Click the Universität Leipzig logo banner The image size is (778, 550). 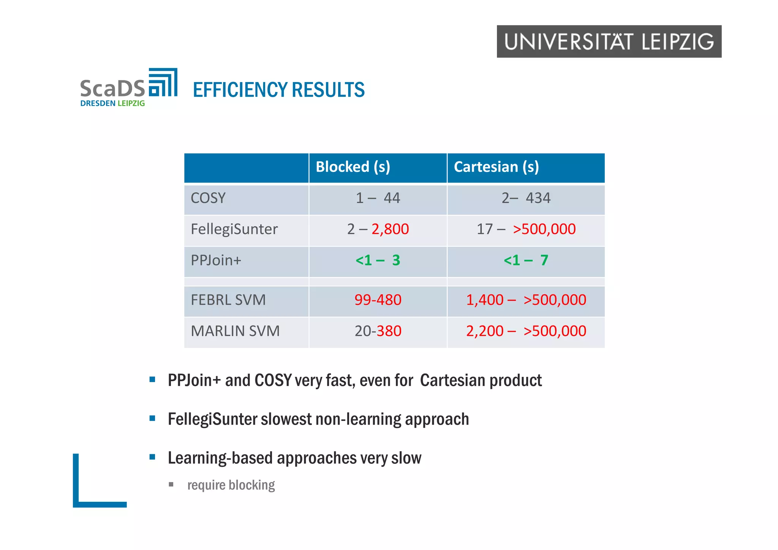click(x=609, y=41)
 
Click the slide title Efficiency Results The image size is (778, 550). click(x=278, y=90)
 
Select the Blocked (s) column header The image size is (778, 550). click(x=353, y=167)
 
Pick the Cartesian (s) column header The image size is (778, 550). click(x=496, y=167)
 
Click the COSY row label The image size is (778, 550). click(x=208, y=198)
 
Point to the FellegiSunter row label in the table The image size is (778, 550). click(x=234, y=229)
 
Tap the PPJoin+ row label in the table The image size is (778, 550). click(x=216, y=261)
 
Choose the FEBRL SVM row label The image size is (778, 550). click(x=228, y=300)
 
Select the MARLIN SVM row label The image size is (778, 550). click(x=235, y=331)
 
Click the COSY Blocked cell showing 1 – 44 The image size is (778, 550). click(x=378, y=198)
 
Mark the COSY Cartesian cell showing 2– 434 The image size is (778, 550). click(x=526, y=198)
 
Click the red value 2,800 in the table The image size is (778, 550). click(x=390, y=229)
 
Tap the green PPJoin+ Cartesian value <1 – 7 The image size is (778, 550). click(x=526, y=261)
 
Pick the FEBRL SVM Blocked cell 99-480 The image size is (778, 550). click(x=378, y=300)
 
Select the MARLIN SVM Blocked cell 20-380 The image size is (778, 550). click(x=378, y=331)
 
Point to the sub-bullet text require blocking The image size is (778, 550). click(x=231, y=485)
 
